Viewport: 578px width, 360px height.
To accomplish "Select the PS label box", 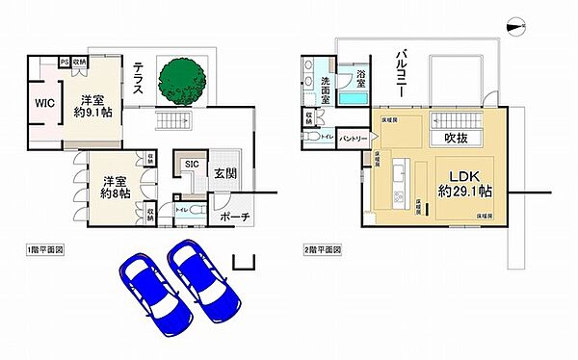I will pos(64,62).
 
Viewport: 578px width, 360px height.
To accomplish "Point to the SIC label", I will pos(192,165).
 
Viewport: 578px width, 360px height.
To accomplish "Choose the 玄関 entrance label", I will pos(224,173).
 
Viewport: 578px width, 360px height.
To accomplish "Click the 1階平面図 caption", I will pos(46,249).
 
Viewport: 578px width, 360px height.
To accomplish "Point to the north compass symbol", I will pos(517,28).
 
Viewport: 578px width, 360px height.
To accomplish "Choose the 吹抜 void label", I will pos(457,139).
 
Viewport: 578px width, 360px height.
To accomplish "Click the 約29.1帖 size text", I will pos(463,191).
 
